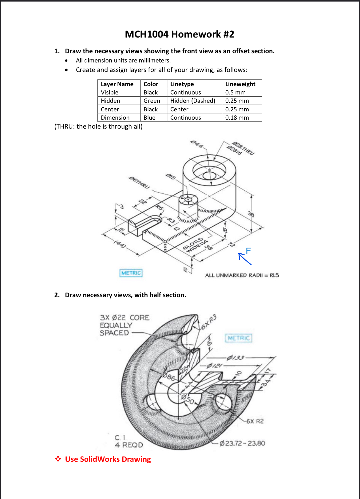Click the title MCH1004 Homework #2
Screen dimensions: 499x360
tap(180, 34)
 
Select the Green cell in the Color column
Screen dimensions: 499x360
tap(152, 101)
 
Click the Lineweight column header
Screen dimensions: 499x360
tap(240, 84)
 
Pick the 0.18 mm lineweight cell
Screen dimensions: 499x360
tap(237, 118)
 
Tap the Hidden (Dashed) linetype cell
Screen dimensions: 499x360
tap(192, 101)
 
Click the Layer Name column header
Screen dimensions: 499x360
tap(117, 84)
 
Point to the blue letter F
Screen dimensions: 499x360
tap(248, 251)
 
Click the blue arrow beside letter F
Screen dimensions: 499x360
tap(245, 259)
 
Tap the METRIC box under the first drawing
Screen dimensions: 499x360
tap(131, 273)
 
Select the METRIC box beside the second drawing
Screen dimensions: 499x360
tap(239, 338)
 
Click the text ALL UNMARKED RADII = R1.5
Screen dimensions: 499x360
tap(242, 275)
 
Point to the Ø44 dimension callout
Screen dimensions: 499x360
tap(197, 144)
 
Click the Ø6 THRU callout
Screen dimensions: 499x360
tap(139, 182)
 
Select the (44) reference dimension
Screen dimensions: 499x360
tap(120, 244)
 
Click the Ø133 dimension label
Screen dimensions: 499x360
tap(235, 357)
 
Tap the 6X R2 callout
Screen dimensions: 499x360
tap(255, 421)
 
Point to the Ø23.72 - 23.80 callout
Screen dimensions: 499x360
tap(242, 443)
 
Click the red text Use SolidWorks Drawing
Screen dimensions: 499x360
tap(108, 459)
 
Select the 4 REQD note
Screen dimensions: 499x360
tap(129, 445)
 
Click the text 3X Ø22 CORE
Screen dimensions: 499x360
tap(125, 317)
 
